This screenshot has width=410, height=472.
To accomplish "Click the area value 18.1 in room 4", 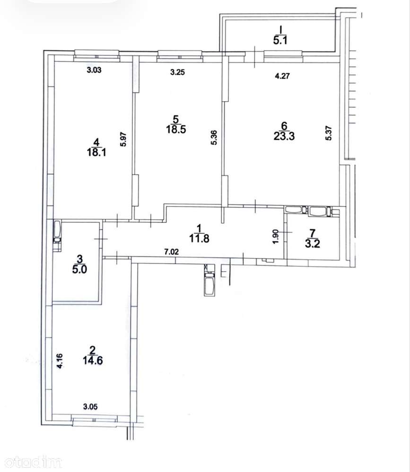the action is (x=96, y=152).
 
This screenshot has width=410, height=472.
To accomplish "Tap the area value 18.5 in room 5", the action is (x=176, y=129).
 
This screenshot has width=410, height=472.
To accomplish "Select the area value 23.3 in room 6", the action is (x=284, y=136).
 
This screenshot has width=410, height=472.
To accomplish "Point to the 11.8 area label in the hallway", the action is (x=199, y=239).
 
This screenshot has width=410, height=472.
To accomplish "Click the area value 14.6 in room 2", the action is (x=93, y=360).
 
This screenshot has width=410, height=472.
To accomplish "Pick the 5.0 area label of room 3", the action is (x=79, y=269).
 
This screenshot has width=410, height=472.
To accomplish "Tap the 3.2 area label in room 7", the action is (x=313, y=243).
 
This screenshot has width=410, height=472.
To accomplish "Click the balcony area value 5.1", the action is (x=280, y=40).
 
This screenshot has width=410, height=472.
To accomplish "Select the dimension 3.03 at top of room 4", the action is (x=94, y=70).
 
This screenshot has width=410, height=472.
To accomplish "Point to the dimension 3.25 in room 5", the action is (x=177, y=72).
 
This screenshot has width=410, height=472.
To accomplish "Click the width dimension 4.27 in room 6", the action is (x=282, y=76).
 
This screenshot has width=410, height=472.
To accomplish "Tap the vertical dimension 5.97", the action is (x=123, y=140).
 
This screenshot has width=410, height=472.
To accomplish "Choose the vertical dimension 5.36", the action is (x=214, y=137).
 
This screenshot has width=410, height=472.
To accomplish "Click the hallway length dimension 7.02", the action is (x=171, y=252).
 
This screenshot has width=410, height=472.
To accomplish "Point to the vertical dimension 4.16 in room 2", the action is (x=60, y=361).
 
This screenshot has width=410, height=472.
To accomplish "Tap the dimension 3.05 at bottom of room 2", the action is (x=90, y=407).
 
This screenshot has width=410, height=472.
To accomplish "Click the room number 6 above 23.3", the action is (x=284, y=126).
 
